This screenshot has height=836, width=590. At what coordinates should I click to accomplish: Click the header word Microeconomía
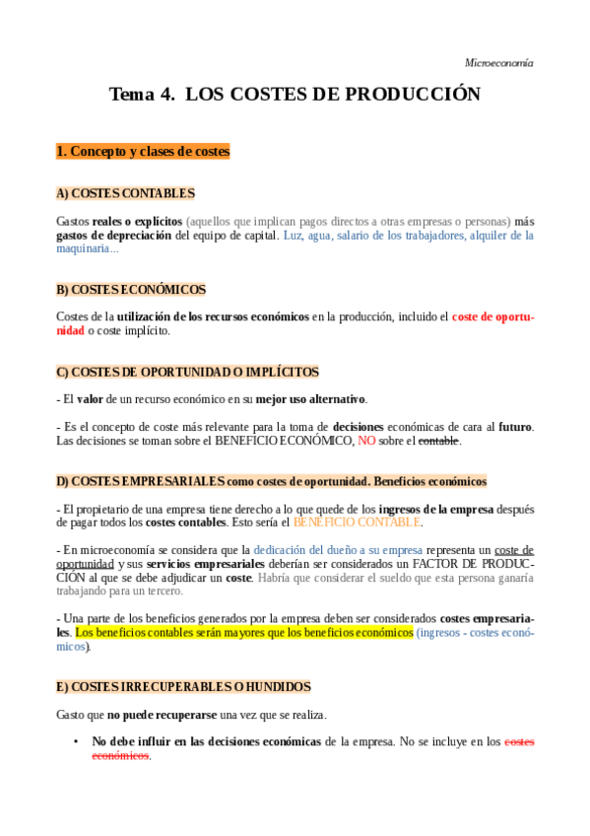498,62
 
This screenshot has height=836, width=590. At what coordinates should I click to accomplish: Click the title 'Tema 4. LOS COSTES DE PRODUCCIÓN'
295,95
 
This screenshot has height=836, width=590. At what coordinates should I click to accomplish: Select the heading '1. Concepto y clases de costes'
143,151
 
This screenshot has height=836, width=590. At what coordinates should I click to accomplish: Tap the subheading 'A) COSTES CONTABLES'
125,193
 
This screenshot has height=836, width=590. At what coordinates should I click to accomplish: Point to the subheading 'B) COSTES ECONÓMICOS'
131,290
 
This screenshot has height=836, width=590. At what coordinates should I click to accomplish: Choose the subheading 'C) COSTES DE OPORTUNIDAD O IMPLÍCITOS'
187,372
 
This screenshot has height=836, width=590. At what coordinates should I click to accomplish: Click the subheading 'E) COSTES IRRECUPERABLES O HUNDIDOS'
183,686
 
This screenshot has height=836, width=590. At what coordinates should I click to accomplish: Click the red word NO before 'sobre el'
366,441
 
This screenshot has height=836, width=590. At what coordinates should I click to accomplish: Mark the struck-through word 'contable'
438,441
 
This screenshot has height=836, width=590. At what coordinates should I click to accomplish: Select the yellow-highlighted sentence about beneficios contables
244,632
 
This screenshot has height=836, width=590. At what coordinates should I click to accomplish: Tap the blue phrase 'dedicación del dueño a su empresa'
338,550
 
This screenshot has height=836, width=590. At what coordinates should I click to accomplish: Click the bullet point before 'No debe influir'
76,741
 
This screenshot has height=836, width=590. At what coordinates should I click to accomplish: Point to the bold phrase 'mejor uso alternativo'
310,399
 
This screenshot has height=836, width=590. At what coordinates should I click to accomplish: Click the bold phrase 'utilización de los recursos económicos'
213,316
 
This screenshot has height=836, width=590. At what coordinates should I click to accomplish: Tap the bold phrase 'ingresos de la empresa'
440,509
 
